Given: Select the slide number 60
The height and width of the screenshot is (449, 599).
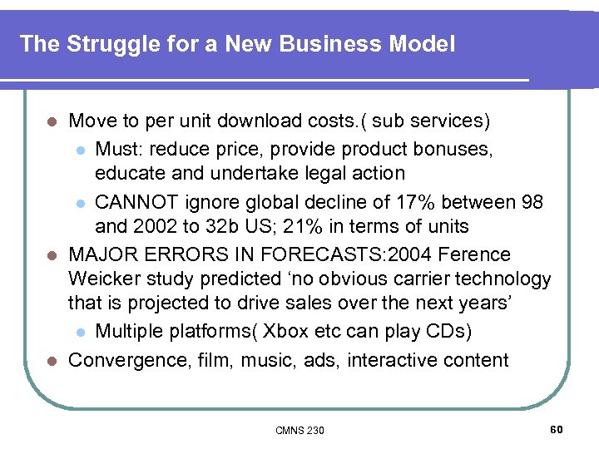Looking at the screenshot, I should [x=557, y=429].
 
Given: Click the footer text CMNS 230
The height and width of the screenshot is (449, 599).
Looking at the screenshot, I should [x=299, y=430].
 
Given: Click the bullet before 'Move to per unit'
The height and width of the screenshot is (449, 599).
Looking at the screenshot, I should [x=51, y=121].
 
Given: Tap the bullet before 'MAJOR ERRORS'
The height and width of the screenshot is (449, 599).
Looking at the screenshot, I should [x=51, y=254].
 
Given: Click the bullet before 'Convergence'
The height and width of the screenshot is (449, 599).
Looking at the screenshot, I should [x=51, y=361].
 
